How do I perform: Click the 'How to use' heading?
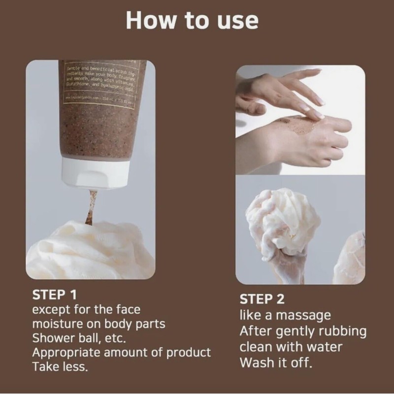[x=192, y=21]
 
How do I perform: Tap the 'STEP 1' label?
[x=54, y=295]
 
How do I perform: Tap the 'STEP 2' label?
[x=262, y=299]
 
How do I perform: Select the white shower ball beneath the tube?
[x=89, y=251]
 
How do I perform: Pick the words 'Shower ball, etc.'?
[x=80, y=339]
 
